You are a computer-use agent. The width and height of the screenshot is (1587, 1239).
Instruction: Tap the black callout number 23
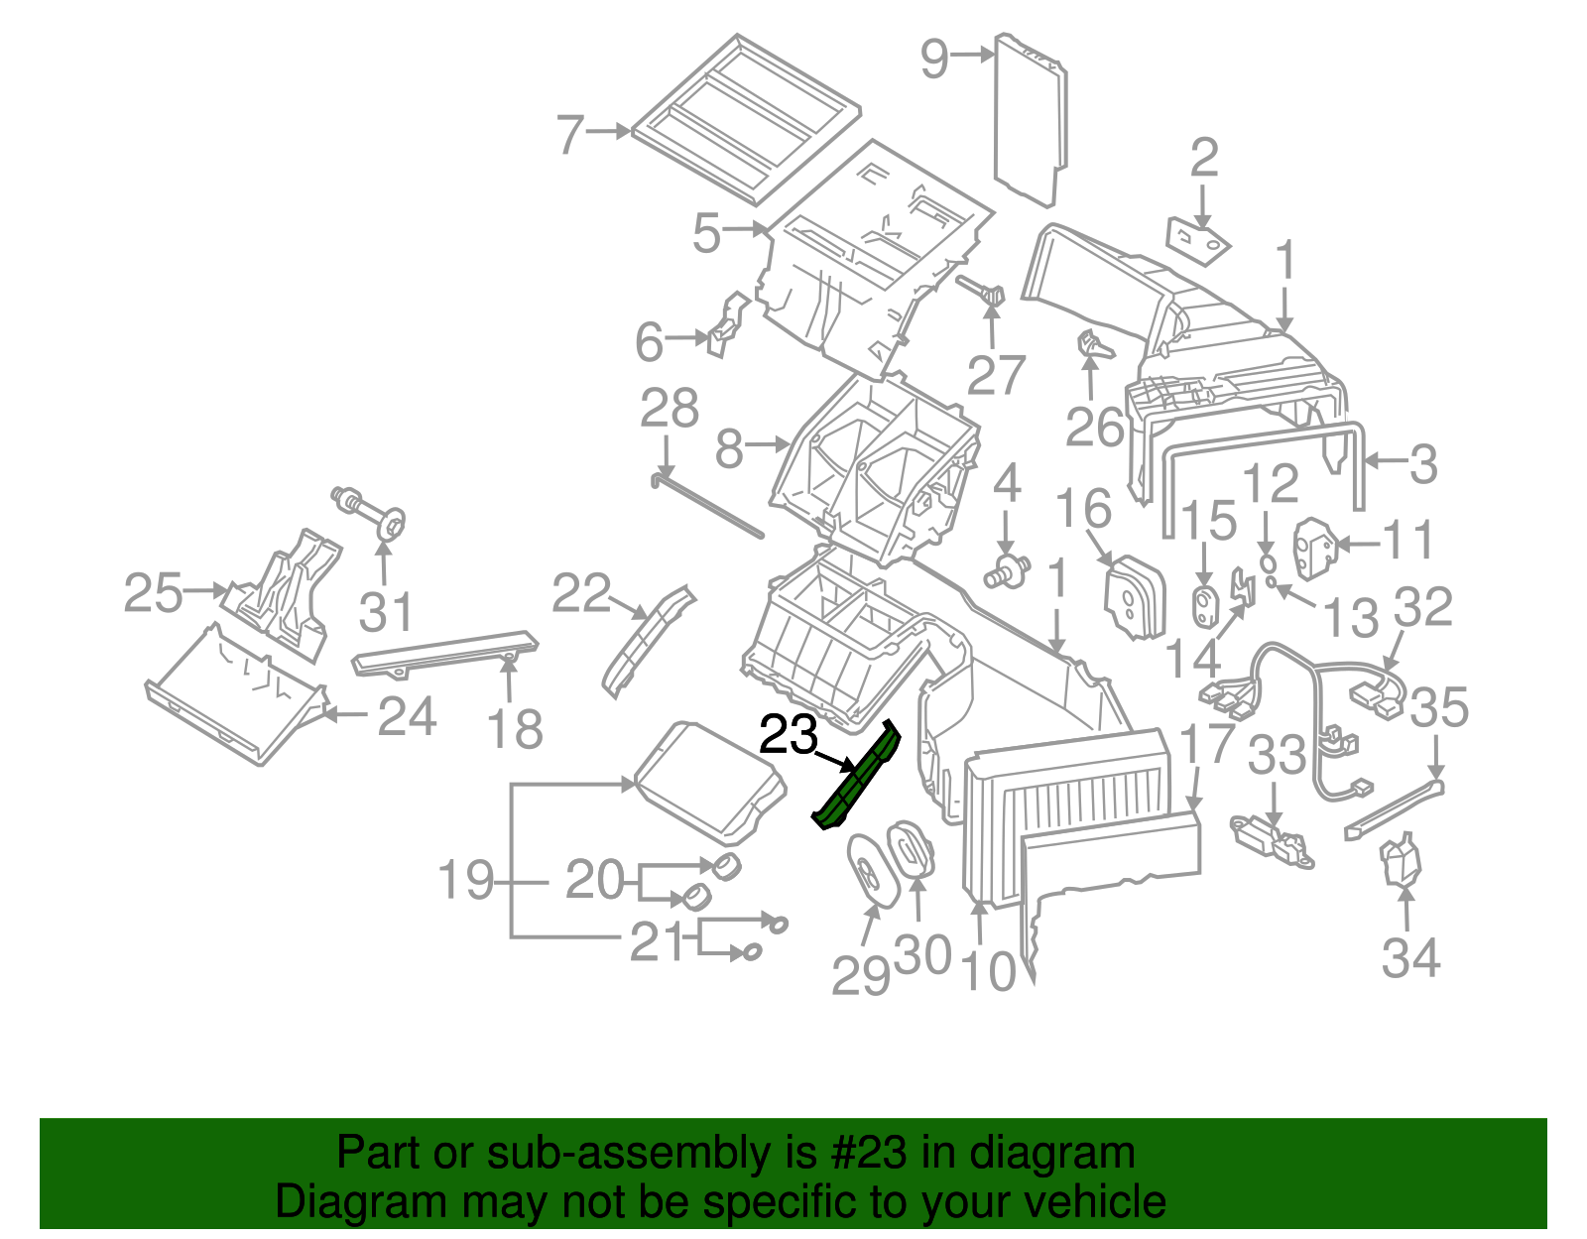789,736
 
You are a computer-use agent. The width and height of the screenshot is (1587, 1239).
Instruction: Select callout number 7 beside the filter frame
570,134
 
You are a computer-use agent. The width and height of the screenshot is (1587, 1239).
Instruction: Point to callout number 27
995,375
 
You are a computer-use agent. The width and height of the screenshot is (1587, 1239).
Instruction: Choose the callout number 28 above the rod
670,409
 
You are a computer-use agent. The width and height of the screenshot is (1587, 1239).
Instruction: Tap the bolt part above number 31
372,511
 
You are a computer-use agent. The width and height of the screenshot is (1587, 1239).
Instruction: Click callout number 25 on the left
154,593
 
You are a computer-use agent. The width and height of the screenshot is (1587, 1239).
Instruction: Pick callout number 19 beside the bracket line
466,881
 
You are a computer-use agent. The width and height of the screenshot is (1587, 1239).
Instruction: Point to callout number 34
1410,958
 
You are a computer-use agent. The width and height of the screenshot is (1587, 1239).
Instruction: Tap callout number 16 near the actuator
1082,509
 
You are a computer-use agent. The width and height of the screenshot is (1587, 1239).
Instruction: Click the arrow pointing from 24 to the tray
347,713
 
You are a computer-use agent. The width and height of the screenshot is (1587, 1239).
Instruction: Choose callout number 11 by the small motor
1408,541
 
